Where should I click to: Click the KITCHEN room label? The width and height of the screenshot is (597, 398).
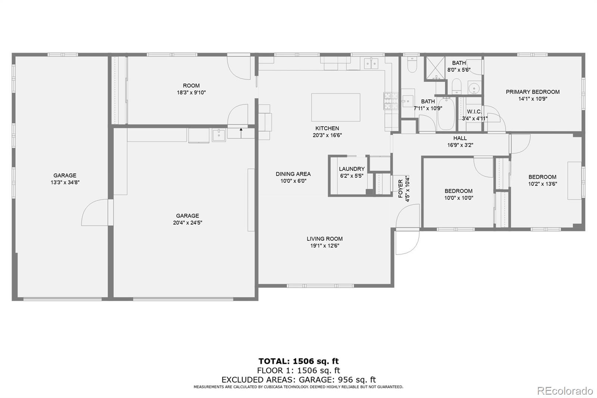pos(327,128)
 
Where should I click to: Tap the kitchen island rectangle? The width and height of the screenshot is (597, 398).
pos(335,107)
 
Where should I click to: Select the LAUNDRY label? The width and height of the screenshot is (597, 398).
pos(351,169)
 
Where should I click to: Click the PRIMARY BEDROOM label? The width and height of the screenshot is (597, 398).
pos(532,92)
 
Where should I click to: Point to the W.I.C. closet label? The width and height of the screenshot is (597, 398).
pos(474,112)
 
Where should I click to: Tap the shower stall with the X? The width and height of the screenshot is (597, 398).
pos(435,68)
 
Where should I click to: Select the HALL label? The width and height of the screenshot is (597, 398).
pos(460,138)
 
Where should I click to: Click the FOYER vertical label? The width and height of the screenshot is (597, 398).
pos(401,189)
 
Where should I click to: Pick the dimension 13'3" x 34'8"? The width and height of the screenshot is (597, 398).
pos(65,183)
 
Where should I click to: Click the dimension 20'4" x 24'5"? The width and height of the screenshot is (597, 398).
pos(187,223)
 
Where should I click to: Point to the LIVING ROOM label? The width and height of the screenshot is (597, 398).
pos(325,239)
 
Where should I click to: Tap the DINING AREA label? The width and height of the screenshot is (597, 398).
pos(293,174)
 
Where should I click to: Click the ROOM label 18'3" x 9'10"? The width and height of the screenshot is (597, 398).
pos(191,86)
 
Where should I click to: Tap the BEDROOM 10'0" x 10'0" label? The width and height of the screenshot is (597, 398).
pos(458,191)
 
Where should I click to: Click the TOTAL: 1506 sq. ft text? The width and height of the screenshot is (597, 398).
pos(298,361)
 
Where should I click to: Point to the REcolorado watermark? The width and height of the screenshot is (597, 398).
pos(565,391)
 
